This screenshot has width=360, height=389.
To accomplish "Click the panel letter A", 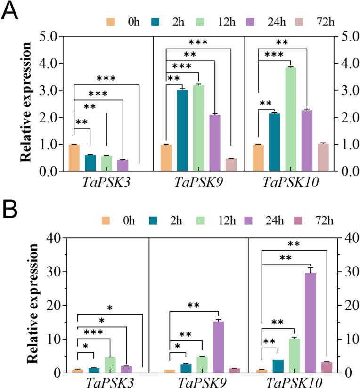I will click(x=10, y=10).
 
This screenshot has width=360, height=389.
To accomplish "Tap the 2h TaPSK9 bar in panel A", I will click(x=182, y=130).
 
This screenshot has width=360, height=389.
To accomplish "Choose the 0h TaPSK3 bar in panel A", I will click(x=74, y=158).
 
